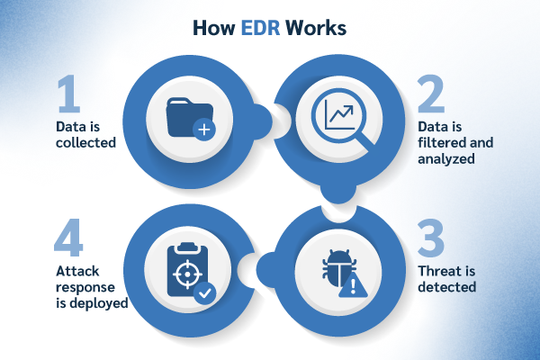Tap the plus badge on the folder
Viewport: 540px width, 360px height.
(205, 130)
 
